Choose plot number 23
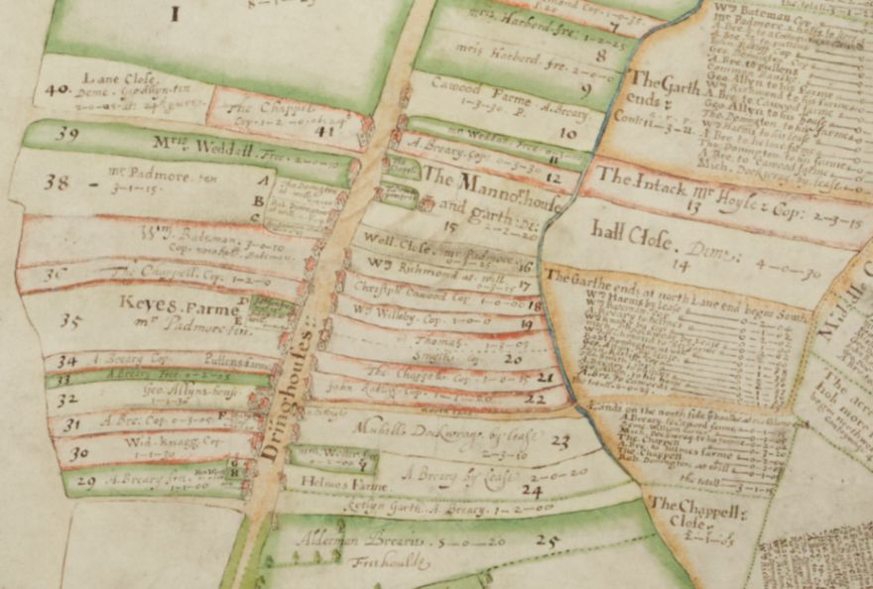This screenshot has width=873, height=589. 561,440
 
